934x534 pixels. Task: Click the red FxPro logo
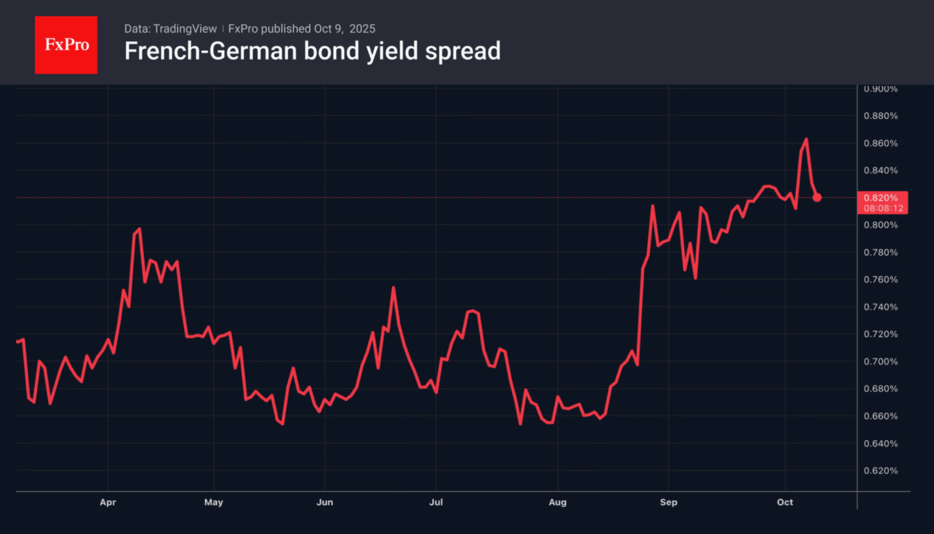click(x=66, y=45)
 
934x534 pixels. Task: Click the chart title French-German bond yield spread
click(x=312, y=51)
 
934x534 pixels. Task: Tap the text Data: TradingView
click(x=171, y=28)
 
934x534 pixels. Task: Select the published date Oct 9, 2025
click(x=344, y=28)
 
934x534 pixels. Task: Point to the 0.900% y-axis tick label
click(x=880, y=89)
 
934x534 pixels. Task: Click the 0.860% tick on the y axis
click(x=880, y=144)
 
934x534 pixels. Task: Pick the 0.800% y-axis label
click(x=880, y=225)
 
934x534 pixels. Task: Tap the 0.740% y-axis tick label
click(x=880, y=307)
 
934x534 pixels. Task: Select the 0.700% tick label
click(x=880, y=362)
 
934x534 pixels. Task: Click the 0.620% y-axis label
click(x=880, y=471)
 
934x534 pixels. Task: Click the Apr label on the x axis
click(x=108, y=502)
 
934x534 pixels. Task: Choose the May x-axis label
click(x=213, y=502)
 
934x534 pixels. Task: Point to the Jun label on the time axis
click(x=325, y=502)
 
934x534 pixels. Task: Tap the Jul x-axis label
click(x=436, y=502)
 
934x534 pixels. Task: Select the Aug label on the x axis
click(x=557, y=502)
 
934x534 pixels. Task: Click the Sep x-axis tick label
click(x=668, y=502)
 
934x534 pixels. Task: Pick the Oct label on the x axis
click(x=785, y=502)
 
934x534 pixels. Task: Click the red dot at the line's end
click(x=817, y=197)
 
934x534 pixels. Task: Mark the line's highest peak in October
click(x=806, y=139)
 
